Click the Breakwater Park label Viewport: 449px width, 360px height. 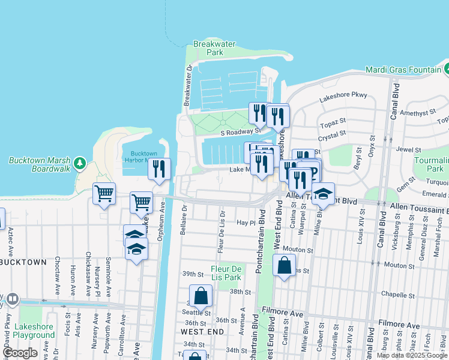[208, 48]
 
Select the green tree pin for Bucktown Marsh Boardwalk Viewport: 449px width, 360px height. [79, 163]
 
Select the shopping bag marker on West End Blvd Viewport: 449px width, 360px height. [284, 265]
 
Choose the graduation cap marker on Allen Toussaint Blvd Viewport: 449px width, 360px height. [323, 194]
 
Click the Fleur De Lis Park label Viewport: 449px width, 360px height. [226, 273]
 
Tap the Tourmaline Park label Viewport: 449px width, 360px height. [431, 164]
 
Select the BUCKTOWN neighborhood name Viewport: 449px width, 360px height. [23, 263]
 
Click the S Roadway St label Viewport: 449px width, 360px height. [240, 130]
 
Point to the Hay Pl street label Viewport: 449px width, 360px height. [246, 222]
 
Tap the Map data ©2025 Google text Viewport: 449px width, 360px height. [412, 355]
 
